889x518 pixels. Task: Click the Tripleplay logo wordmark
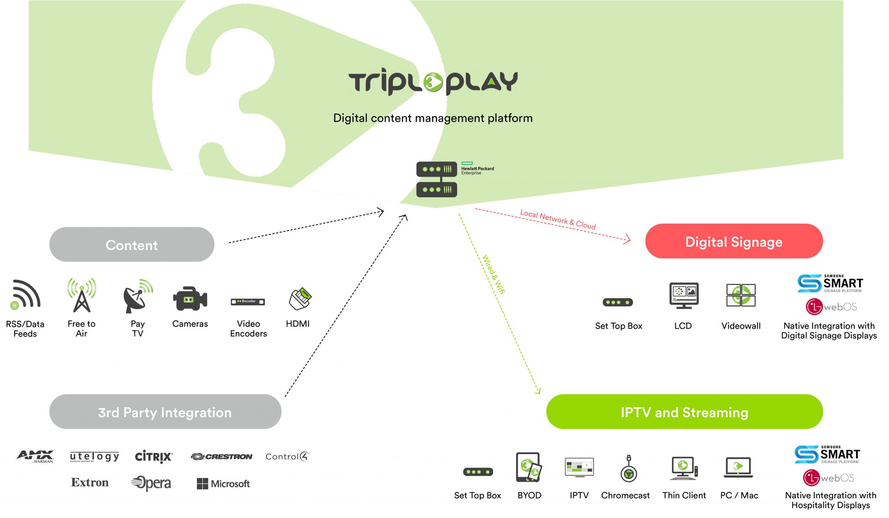433,81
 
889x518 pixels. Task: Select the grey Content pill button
132,244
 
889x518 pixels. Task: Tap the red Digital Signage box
734,241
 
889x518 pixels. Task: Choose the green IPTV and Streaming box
684,412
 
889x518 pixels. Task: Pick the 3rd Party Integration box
165,412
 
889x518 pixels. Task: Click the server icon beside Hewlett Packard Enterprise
437,179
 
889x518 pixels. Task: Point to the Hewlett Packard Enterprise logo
477,168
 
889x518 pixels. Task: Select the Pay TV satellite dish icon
138,296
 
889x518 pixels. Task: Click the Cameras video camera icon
190,298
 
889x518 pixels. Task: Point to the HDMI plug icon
300,298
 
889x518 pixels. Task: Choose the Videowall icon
741,295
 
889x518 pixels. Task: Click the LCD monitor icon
684,295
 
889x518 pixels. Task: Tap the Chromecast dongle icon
628,469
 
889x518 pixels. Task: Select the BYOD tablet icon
529,467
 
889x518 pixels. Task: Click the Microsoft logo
223,484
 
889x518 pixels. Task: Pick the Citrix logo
153,456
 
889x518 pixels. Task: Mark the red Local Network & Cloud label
558,219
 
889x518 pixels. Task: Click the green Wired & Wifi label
494,274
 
